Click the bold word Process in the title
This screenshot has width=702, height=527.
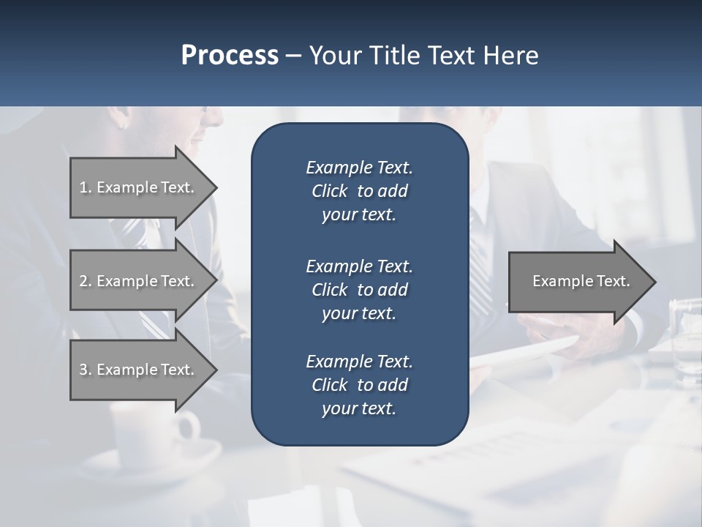click(230, 56)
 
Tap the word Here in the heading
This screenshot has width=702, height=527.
click(511, 56)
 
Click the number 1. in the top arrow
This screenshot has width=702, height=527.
click(86, 187)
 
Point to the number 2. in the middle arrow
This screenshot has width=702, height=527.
click(86, 281)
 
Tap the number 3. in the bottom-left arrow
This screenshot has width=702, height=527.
click(86, 370)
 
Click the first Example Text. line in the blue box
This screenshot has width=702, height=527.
click(359, 168)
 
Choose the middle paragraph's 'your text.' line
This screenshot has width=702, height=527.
click(359, 313)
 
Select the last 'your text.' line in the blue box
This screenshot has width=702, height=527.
click(359, 408)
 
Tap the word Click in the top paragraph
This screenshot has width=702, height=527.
click(330, 191)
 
